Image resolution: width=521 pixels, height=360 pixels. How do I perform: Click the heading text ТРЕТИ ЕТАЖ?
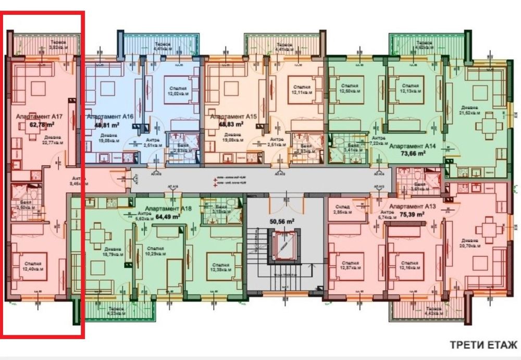(x=483, y=345)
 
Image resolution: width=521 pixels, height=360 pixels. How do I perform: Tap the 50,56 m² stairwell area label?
(x=282, y=221)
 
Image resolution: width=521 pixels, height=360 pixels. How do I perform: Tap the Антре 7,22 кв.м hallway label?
(x=379, y=140)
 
